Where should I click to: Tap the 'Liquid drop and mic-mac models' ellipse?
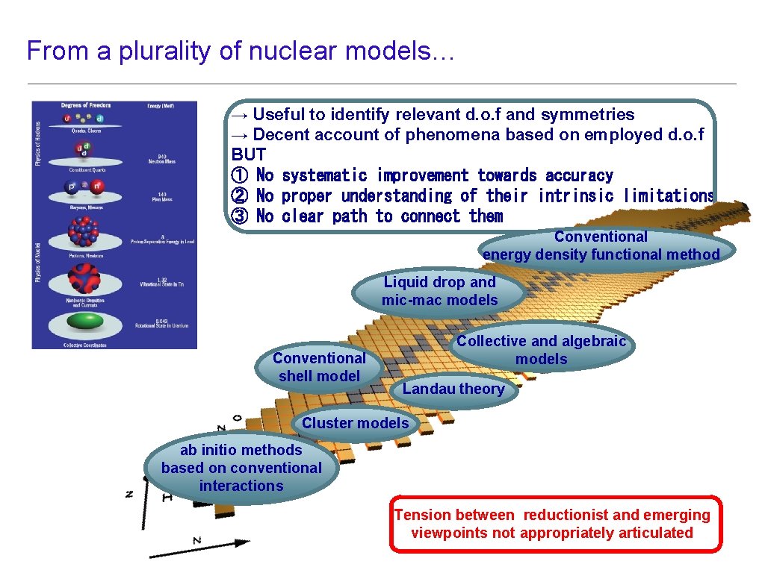click(439, 292)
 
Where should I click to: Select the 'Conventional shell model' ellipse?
click(320, 367)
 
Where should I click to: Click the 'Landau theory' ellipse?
click(453, 389)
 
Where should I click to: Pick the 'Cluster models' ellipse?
click(356, 423)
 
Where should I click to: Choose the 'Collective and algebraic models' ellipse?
click(542, 350)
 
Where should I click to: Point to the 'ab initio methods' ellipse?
click(241, 468)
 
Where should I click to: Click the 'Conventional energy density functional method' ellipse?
click(601, 246)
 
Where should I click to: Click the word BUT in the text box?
click(248, 155)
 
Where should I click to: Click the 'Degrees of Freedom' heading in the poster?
click(81, 106)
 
